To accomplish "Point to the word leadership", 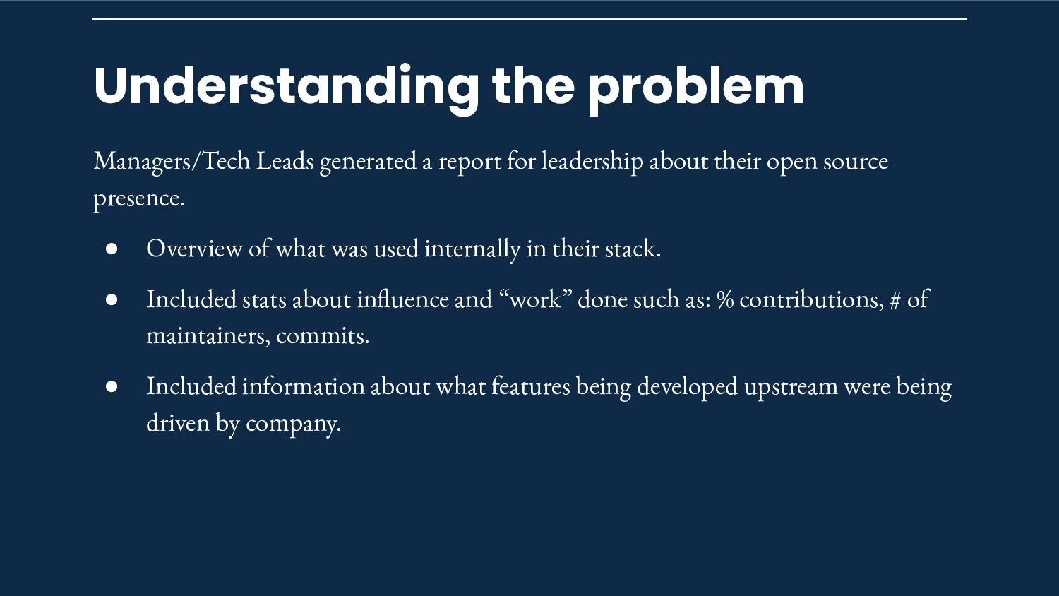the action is [592, 161].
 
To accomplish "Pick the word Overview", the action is [194, 248].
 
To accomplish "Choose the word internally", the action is [472, 249].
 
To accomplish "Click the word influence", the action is [403, 299].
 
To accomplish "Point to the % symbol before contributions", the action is [725, 300].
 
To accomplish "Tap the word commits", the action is [323, 336].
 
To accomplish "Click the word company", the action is [293, 424].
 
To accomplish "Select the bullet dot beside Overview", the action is [112, 249].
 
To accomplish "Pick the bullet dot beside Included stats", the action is [112, 299].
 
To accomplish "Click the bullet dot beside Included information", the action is [112, 386].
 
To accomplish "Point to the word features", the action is [531, 386].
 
